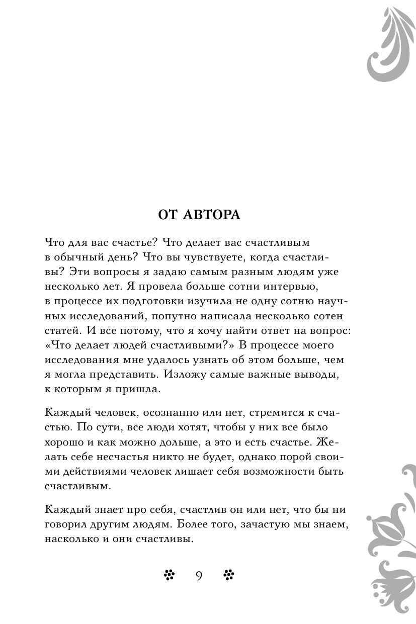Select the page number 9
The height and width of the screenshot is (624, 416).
click(x=199, y=576)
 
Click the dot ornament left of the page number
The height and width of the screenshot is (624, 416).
click(x=169, y=575)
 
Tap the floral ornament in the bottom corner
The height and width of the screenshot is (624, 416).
click(x=391, y=543)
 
